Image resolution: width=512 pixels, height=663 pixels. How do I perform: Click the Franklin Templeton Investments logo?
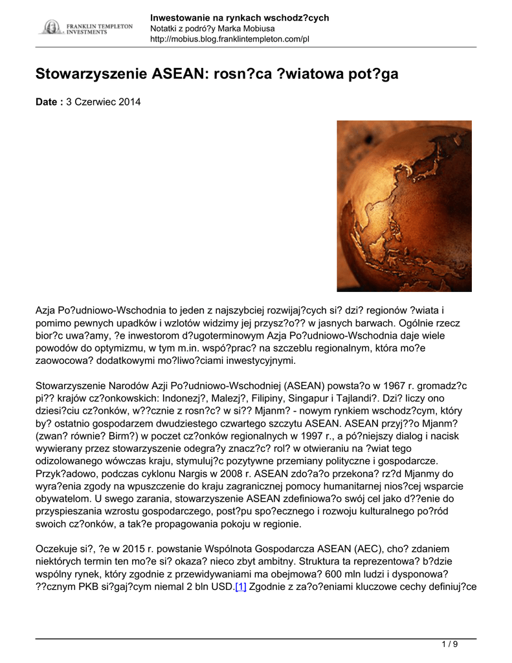point(86,28)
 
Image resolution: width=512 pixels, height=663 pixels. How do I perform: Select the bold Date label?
point(49,102)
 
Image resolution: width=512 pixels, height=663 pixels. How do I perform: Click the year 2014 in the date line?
point(129,102)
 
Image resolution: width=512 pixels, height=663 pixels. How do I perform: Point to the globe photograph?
point(404,206)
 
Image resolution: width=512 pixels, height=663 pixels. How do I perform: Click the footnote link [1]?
point(241,587)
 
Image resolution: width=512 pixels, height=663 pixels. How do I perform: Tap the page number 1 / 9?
point(449,644)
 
